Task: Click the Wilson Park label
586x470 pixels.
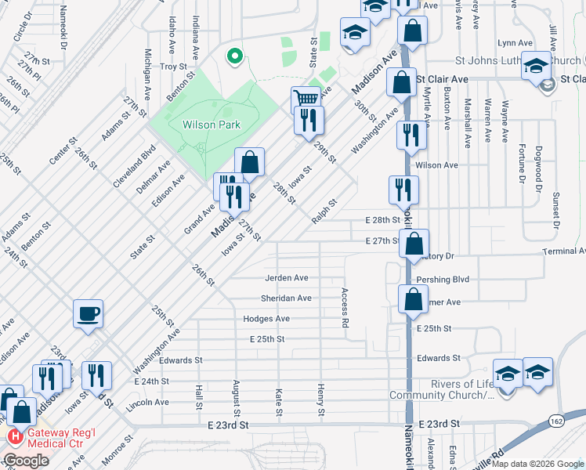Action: (x=211, y=125)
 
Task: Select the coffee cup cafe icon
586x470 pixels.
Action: (x=87, y=313)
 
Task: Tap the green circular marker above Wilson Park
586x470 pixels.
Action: (x=233, y=56)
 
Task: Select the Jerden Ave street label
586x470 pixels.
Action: (x=287, y=278)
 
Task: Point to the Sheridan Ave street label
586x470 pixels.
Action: (x=287, y=298)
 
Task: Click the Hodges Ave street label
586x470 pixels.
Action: (x=266, y=319)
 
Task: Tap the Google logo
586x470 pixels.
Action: (x=26, y=461)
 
